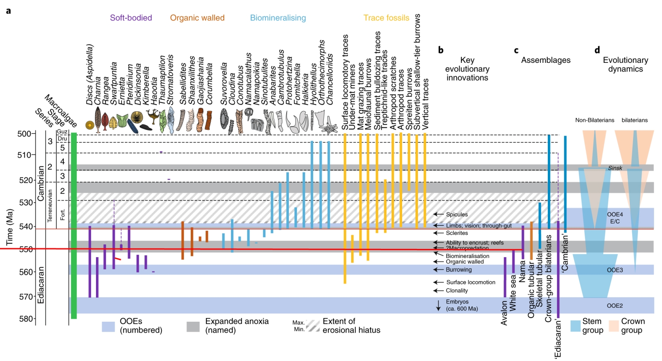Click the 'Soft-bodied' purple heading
(x=131, y=18)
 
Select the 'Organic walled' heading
(x=197, y=18)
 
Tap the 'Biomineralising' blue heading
(x=278, y=18)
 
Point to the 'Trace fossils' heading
(x=386, y=18)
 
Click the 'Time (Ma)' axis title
(x=9, y=227)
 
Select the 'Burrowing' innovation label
(x=458, y=270)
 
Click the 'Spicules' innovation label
(x=457, y=214)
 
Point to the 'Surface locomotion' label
(x=470, y=282)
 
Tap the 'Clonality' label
(x=457, y=290)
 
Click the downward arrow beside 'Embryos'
(x=438, y=306)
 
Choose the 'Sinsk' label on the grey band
(x=615, y=168)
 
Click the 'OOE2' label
(x=614, y=306)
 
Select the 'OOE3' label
(x=614, y=270)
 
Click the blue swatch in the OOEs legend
(x=108, y=326)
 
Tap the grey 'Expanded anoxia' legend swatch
(x=193, y=326)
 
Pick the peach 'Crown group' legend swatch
(x=614, y=325)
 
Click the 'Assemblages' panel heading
(x=545, y=60)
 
